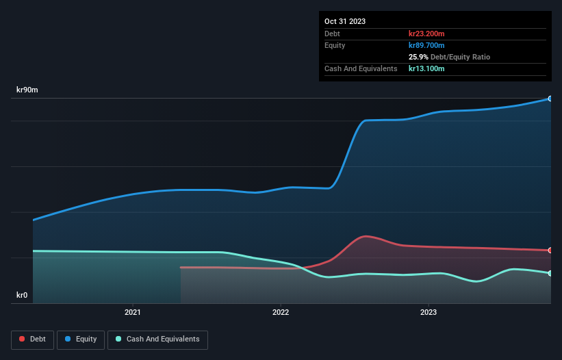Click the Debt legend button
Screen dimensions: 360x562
[32, 339]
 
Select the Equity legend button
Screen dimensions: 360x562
[81, 339]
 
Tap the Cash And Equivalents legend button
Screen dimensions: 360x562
[157, 339]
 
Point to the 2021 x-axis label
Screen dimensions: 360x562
[133, 313]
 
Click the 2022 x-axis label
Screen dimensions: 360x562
[281, 313]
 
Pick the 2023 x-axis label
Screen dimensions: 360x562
[429, 313]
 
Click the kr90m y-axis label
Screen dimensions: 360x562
[27, 90]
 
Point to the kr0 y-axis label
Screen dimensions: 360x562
[22, 296]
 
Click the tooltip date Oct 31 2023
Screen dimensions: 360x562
[345, 21]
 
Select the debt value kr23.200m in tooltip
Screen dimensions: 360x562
[426, 34]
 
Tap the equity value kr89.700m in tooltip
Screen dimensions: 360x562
[426, 45]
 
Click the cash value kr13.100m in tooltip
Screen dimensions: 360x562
[426, 68]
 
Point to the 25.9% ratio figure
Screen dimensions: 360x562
[419, 57]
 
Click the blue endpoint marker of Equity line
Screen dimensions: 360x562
[550, 99]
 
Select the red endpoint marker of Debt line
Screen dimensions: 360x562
[550, 250]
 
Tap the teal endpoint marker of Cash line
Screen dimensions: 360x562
[550, 273]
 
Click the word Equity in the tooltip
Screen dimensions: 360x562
[335, 45]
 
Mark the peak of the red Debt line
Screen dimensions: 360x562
[366, 236]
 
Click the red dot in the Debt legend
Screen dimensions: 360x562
[23, 339]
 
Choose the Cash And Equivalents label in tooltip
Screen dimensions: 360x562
[361, 68]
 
